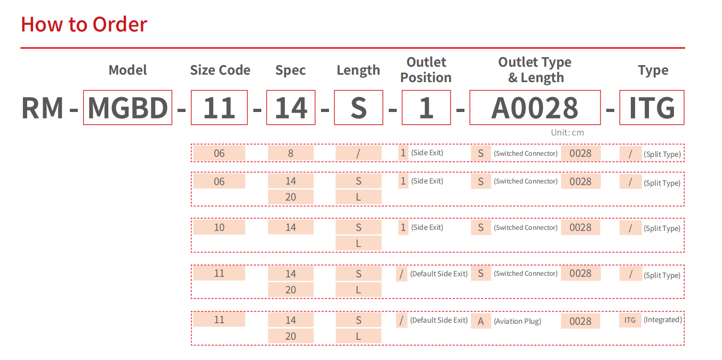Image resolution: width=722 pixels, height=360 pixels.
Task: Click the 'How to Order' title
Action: click(x=84, y=25)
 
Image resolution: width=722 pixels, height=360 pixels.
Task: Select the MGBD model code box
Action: click(x=127, y=107)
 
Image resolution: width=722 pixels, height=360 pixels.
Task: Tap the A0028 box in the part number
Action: click(x=535, y=107)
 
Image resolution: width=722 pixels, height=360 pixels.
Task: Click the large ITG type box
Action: click(x=652, y=107)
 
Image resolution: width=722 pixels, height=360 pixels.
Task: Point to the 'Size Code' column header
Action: click(x=220, y=70)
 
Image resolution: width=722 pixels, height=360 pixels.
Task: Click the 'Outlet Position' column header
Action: click(x=426, y=70)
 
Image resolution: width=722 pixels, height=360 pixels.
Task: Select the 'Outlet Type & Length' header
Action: click(x=535, y=70)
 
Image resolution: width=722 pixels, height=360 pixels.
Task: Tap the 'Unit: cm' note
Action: click(x=567, y=132)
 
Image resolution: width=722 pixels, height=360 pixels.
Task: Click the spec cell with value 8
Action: click(x=291, y=153)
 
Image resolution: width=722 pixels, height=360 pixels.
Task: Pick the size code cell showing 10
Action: click(x=219, y=227)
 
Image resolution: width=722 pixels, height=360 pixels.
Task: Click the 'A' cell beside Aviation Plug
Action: click(x=480, y=321)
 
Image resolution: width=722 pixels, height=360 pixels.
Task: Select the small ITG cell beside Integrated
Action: click(x=630, y=320)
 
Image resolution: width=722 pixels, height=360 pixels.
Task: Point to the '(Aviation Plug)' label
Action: click(x=517, y=321)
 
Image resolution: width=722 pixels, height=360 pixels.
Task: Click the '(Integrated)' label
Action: click(x=663, y=319)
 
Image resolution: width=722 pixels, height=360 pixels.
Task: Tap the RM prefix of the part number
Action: click(x=42, y=108)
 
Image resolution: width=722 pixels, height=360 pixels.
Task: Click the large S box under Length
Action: click(x=358, y=107)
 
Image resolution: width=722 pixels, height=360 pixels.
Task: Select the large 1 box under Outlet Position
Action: click(x=426, y=107)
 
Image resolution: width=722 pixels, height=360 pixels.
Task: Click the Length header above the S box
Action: click(x=358, y=70)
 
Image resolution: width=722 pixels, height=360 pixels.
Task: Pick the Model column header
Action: click(x=127, y=70)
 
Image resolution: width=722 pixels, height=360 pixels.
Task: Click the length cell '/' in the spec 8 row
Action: click(x=358, y=153)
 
